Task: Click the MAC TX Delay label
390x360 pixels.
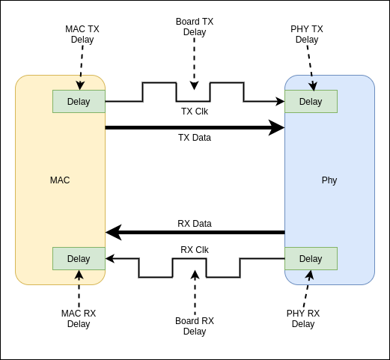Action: pos(82,34)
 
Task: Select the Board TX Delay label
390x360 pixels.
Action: pos(195,27)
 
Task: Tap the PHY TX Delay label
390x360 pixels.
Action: pos(306,34)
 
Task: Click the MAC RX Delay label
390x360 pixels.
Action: pos(79,318)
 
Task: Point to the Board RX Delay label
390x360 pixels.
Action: pos(195,326)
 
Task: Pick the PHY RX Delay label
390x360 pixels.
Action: pos(303,318)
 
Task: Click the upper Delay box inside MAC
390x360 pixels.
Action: pos(79,101)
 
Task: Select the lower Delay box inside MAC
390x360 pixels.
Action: pos(79,258)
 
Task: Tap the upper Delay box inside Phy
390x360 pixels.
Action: pos(311,101)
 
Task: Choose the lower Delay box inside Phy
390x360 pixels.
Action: pos(311,258)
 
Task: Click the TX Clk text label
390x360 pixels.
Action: pos(195,112)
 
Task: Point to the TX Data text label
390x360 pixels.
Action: pos(195,138)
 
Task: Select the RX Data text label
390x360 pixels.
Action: pos(195,223)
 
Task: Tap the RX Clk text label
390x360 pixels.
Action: pos(195,249)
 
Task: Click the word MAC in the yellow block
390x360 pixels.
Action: pos(60,180)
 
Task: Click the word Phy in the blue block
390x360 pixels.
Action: pos(329,180)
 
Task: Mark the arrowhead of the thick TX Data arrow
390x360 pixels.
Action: pos(278,128)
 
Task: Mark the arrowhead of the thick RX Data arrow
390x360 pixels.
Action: pos(113,233)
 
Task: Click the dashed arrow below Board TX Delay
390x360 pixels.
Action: pos(195,64)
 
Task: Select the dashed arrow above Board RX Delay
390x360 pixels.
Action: pos(195,292)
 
